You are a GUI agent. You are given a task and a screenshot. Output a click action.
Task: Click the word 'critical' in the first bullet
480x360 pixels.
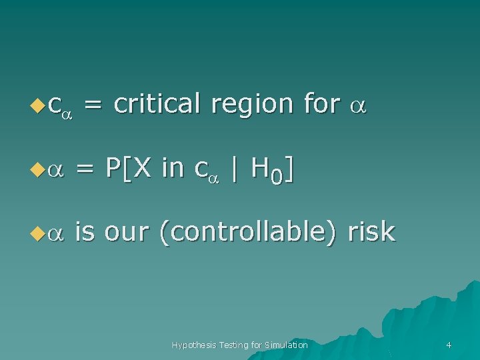[x=157, y=103]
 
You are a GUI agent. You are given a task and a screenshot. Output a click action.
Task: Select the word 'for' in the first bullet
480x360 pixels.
[x=321, y=103]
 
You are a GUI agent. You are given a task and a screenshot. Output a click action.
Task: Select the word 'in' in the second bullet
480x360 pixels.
[x=172, y=169]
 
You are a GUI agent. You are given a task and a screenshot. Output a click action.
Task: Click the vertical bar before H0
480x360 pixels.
[x=234, y=169]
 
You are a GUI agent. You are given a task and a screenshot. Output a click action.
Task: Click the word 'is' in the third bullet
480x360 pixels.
[x=84, y=232]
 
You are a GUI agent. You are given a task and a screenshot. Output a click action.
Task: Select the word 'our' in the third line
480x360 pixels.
[x=126, y=233]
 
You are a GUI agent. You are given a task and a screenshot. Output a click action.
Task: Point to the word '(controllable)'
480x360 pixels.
[x=247, y=233]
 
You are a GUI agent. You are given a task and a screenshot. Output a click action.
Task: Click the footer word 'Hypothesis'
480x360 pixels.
[x=194, y=345]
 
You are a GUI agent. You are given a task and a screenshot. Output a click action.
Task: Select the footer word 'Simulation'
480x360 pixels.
[x=286, y=345]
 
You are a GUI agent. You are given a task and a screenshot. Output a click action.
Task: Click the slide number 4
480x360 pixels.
[x=449, y=345]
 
